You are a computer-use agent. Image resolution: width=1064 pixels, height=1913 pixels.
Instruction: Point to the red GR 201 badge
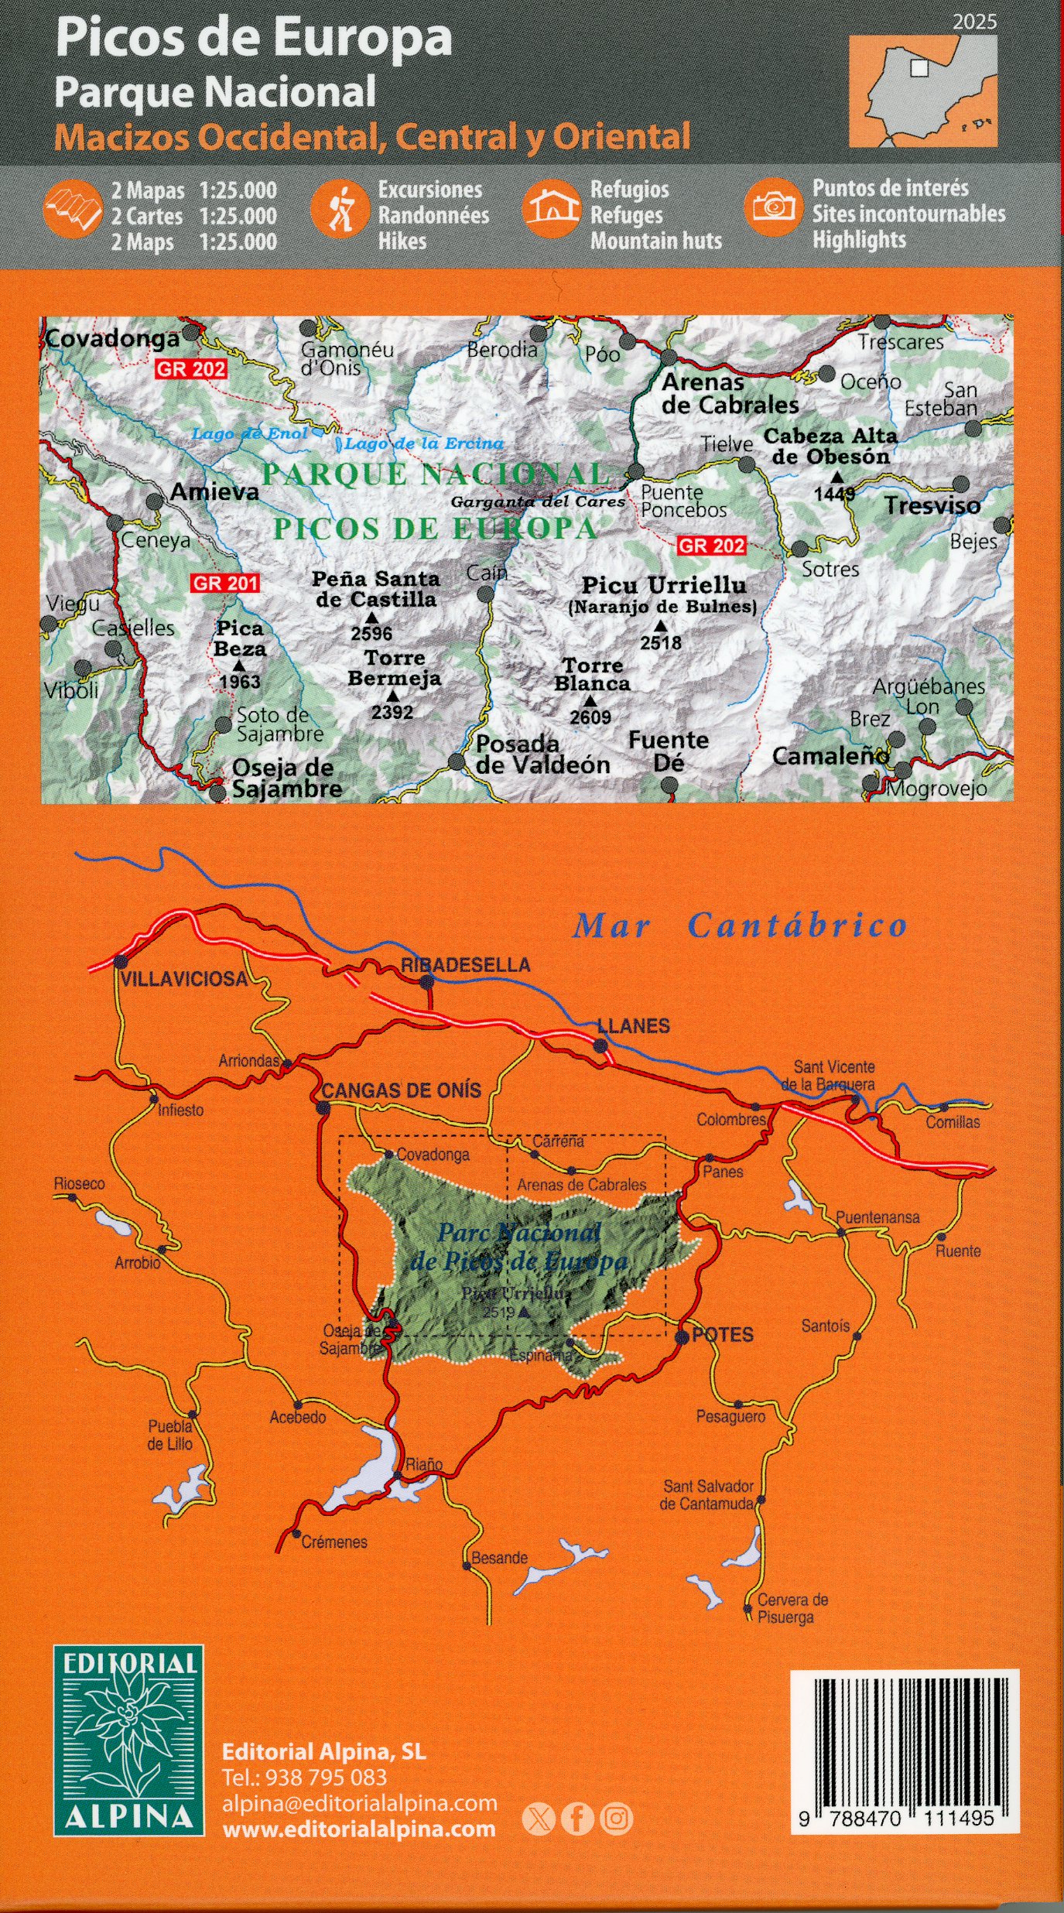point(225,583)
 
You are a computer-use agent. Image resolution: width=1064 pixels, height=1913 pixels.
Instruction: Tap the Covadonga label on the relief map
point(112,338)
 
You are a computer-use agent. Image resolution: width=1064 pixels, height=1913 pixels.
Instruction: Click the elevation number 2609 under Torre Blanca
point(590,717)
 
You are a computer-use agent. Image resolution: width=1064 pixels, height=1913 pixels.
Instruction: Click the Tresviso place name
point(932,505)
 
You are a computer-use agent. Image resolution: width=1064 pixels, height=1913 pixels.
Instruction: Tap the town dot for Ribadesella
point(426,983)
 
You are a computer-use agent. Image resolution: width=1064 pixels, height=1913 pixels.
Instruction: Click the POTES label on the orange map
point(722,1336)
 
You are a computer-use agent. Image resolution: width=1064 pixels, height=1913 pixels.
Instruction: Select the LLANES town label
point(633,1026)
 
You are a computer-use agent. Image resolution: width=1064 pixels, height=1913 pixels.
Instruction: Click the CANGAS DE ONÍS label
point(401,1091)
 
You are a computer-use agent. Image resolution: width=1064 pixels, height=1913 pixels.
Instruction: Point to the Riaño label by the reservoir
point(424,1464)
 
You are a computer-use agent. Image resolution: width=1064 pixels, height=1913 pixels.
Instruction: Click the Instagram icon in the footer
point(617,1819)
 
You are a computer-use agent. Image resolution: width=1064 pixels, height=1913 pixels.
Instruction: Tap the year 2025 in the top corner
point(974,22)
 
